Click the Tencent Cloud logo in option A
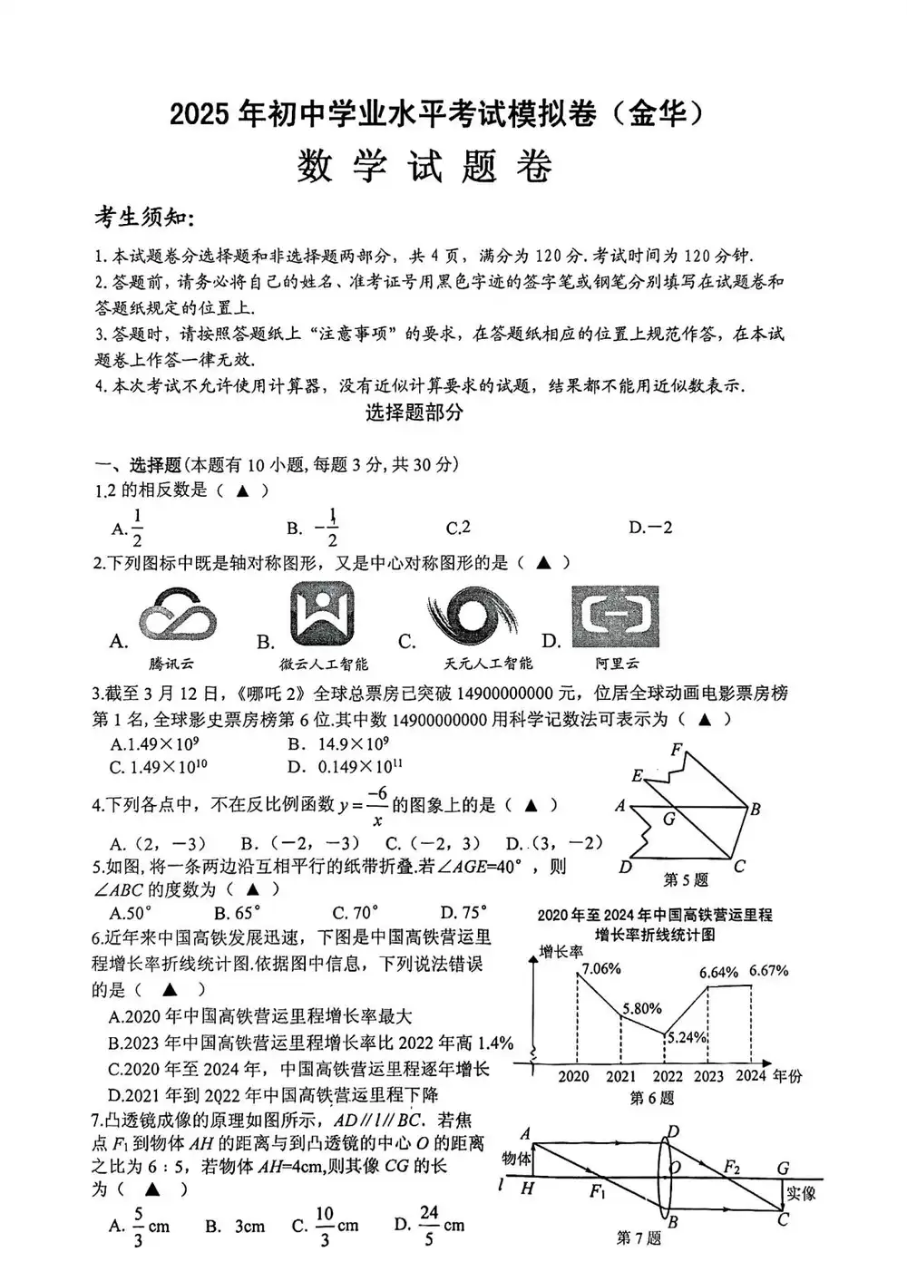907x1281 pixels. pos(178,619)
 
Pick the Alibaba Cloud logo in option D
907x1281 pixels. pos(616,616)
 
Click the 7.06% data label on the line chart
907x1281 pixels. pos(601,968)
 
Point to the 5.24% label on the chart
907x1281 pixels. pos(687,1037)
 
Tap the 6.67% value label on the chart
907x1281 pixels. pos(769,970)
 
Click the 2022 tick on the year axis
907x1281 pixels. pos(668,1076)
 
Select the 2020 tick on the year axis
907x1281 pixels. pos(573,1076)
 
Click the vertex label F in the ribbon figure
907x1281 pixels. pos(676,750)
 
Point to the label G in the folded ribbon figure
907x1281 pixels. pos(669,820)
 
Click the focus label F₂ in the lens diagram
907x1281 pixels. pos(731,1167)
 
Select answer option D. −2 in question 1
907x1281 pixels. pos(650,527)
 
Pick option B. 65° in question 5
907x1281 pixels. pos(238,912)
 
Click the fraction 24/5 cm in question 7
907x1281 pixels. pos(440,1225)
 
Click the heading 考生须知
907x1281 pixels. pos(144,217)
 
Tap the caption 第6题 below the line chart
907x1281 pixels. pos(653,1098)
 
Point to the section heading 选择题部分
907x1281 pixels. pos(414,412)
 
